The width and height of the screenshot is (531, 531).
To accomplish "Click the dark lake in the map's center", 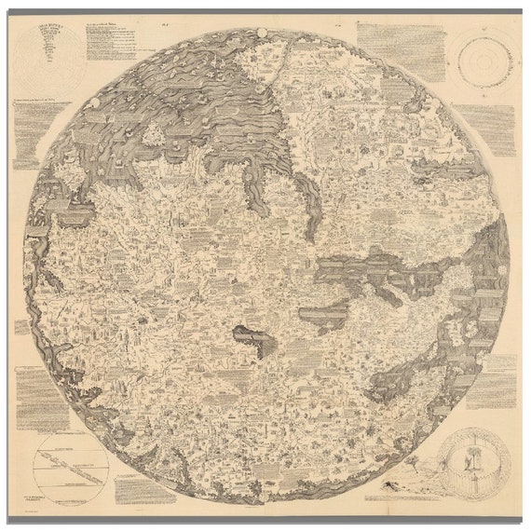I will tap(249, 337).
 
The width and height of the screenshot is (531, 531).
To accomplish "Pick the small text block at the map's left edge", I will tap(21, 327).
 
